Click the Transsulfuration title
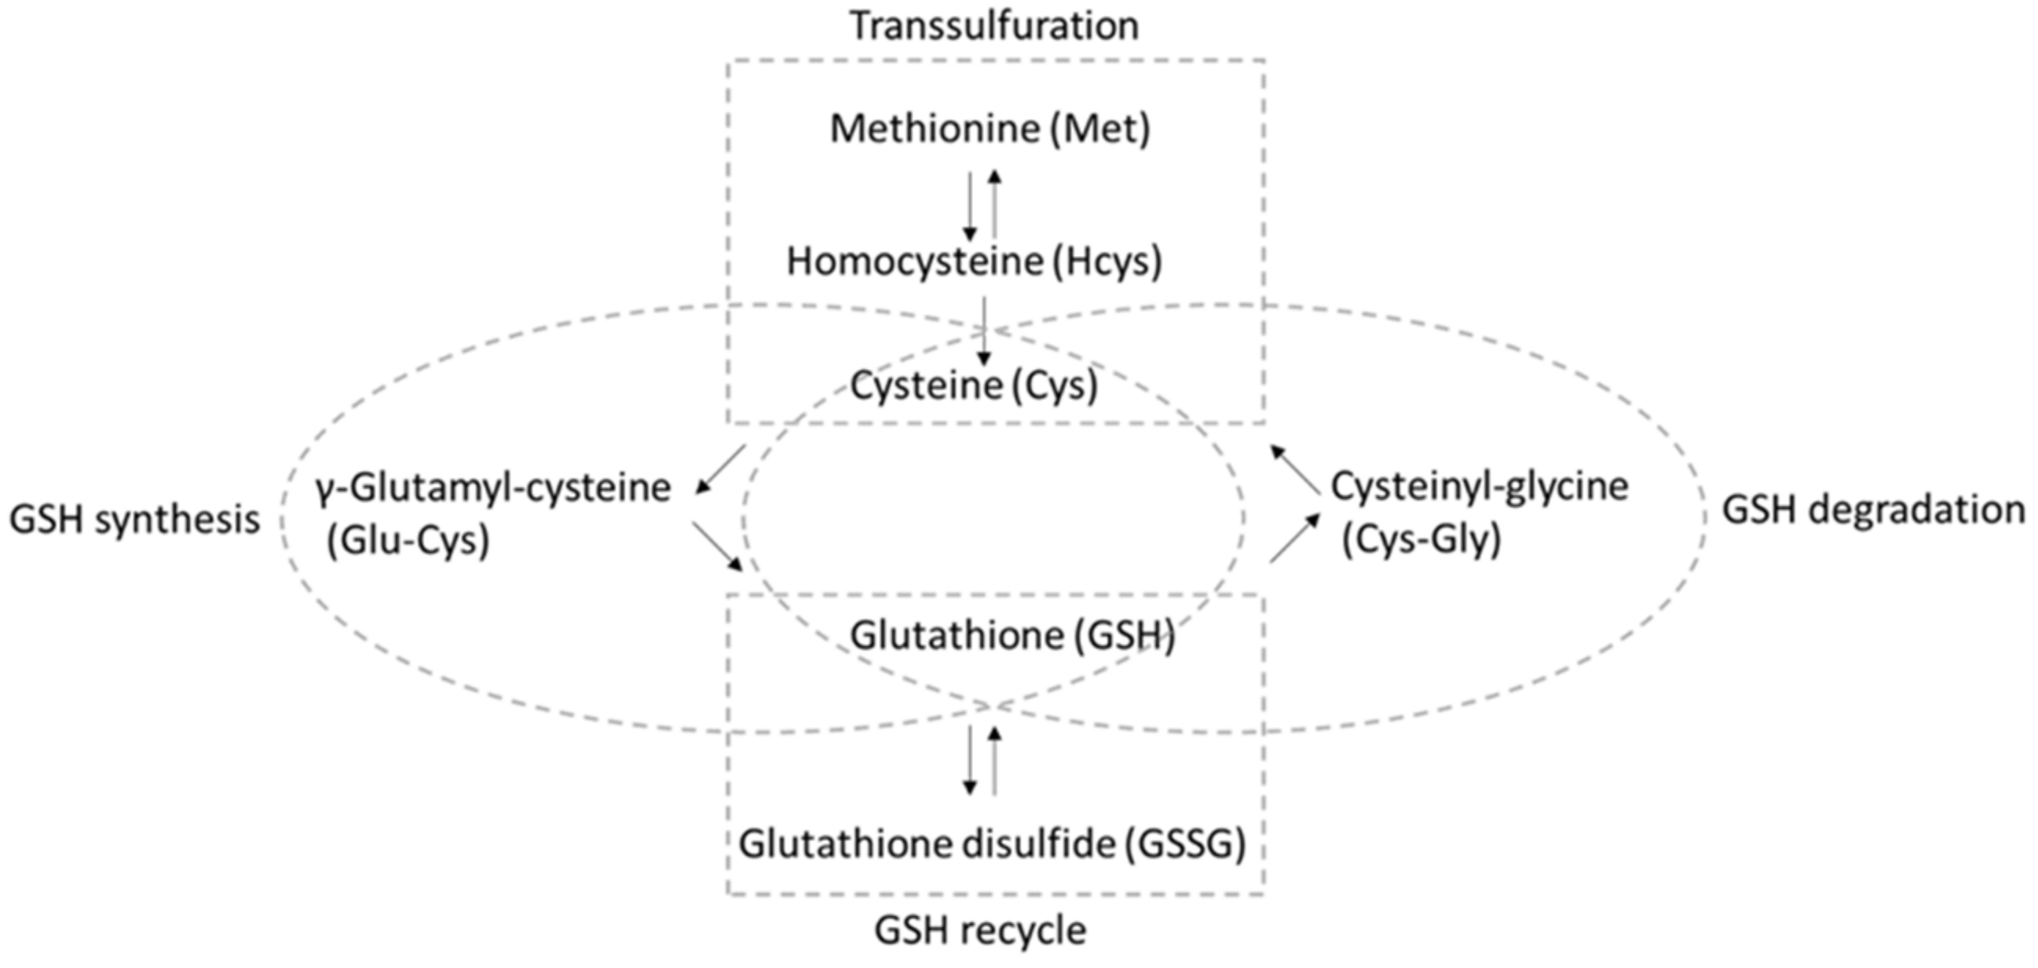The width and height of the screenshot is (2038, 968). point(993,27)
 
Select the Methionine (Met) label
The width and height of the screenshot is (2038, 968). point(990,129)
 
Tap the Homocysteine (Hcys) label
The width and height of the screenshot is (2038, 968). point(974,261)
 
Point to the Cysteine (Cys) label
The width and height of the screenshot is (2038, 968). point(974,387)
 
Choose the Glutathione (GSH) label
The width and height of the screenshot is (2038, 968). point(1012,636)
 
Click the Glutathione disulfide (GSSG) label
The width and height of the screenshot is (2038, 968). point(992,845)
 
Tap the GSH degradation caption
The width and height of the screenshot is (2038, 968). point(1873,511)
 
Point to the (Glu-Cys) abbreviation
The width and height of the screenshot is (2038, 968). point(408,542)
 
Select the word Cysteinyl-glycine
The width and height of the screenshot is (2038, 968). point(1480,488)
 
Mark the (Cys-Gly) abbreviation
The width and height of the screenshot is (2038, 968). point(1421,542)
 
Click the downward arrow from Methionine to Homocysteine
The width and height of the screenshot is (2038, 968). point(970,206)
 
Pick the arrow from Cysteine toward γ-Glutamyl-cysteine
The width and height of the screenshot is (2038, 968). point(720,469)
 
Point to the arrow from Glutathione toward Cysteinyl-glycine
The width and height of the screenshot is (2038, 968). point(1295,538)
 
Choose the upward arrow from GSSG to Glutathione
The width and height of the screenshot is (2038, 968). point(995,760)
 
